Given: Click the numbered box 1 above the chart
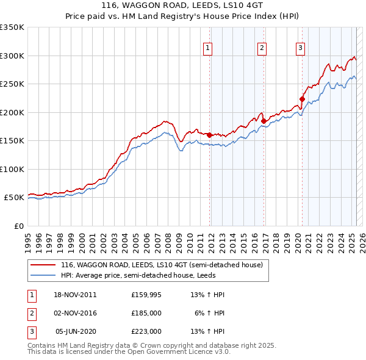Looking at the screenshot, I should click(x=207, y=48).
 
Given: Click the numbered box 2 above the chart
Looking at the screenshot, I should click(x=262, y=48).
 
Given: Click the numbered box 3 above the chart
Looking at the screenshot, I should click(x=301, y=48).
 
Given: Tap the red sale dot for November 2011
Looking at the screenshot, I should click(x=209, y=135).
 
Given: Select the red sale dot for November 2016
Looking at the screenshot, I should click(x=264, y=121).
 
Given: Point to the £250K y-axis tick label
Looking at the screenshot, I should click(x=12, y=84).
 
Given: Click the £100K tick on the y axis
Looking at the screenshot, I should click(x=12, y=169).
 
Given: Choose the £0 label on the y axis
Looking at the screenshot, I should click(x=18, y=226).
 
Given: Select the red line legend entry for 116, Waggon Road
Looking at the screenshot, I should click(x=161, y=265).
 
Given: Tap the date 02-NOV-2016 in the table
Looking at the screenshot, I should click(x=76, y=313).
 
